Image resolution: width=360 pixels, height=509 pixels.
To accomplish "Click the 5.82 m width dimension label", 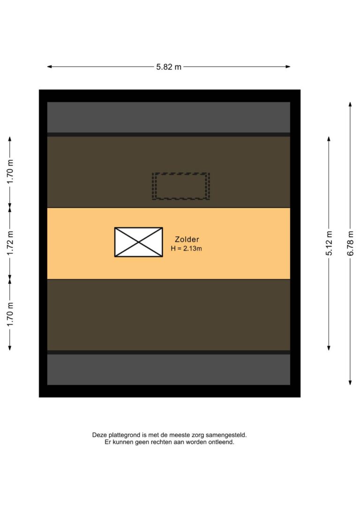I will (169, 67).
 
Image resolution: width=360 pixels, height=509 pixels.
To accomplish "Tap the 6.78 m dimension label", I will (350, 243).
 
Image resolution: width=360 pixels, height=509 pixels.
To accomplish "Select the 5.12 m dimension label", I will (329, 243).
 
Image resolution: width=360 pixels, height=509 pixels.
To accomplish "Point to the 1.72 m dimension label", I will (10, 243).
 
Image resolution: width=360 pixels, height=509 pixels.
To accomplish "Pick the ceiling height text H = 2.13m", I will (187, 249).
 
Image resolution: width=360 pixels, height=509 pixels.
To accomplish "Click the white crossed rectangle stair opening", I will (139, 242).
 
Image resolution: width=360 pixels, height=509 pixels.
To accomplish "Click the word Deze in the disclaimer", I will (99, 435).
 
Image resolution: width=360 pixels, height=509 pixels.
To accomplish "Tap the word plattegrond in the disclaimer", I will (123, 435).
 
